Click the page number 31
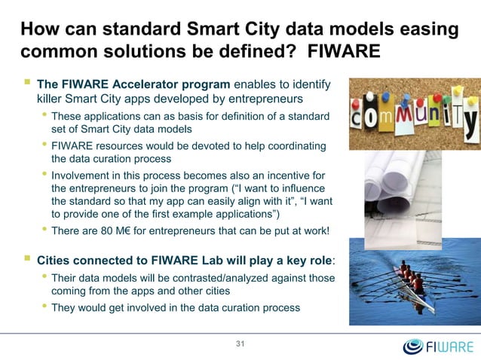point(241,345)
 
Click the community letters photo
point(414,113)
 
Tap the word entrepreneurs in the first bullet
point(253,99)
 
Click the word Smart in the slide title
point(207,31)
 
